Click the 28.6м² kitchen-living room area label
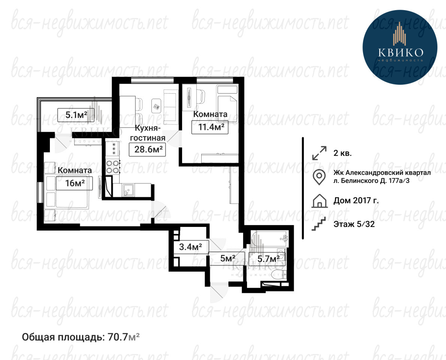(x=147, y=149)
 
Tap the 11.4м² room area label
(x=210, y=127)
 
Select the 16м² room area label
(x=75, y=183)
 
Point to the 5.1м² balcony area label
(x=76, y=115)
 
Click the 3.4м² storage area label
(x=191, y=247)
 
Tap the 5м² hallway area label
(x=227, y=258)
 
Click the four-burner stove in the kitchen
(x=112, y=167)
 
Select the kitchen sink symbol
(x=128, y=190)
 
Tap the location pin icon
(x=319, y=177)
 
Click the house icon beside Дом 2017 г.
(x=319, y=201)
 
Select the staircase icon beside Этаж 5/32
(x=319, y=223)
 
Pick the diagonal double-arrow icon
(x=319, y=153)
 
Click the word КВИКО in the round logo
(x=401, y=52)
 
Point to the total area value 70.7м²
(x=124, y=337)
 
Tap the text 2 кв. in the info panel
(x=343, y=153)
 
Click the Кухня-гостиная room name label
(x=147, y=133)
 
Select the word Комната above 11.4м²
(x=210, y=114)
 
